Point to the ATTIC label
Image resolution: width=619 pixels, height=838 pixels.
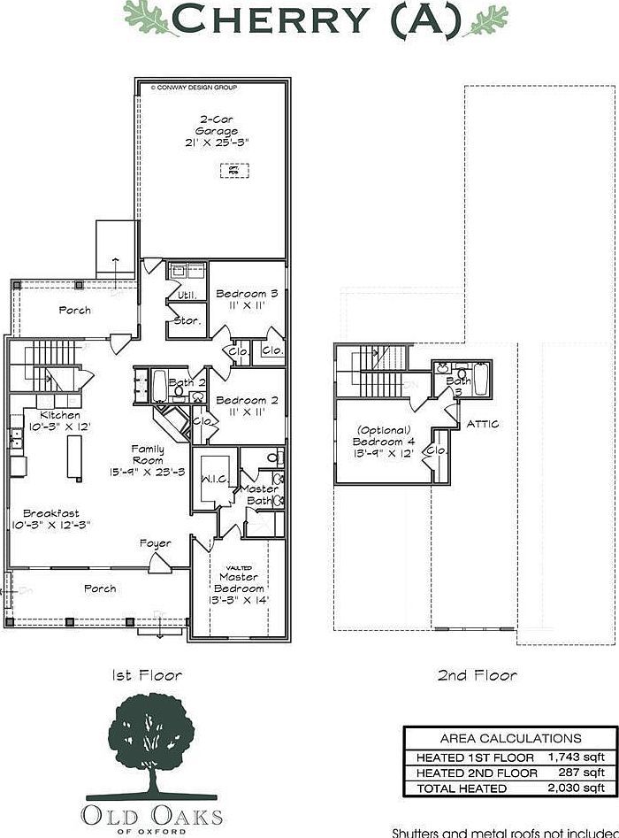coord(483,424)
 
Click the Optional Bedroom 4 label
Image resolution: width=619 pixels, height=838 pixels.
coord(383,441)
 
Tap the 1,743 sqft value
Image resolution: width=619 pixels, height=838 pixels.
coord(576,757)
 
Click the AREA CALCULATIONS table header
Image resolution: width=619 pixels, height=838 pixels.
coord(510,738)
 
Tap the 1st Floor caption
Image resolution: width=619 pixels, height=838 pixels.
coord(147,675)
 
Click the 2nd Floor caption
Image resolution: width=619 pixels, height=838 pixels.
coord(477,675)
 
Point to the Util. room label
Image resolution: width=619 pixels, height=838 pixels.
coord(187,295)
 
